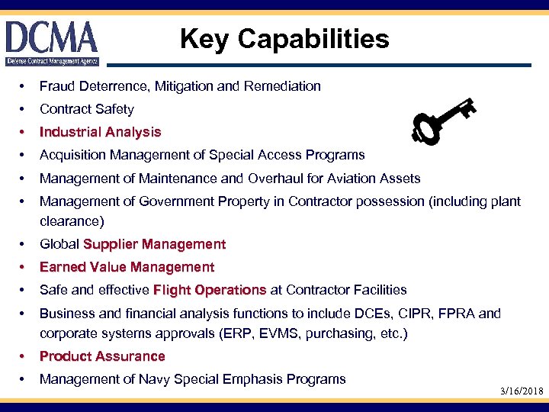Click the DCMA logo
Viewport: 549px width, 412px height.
tap(52, 43)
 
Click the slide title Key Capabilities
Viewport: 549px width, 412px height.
tap(284, 39)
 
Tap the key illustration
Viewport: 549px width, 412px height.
tap(441, 121)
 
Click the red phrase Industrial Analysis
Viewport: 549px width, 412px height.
tap(100, 132)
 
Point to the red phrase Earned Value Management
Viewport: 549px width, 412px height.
tap(127, 267)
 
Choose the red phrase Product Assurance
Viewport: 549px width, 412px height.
tap(102, 356)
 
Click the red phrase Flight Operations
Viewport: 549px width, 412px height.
tap(210, 290)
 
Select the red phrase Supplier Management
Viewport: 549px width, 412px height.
tap(155, 244)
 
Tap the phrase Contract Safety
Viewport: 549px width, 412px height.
tap(86, 109)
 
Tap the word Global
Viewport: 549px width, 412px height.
tap(59, 244)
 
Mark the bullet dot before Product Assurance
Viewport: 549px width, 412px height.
tap(25, 356)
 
